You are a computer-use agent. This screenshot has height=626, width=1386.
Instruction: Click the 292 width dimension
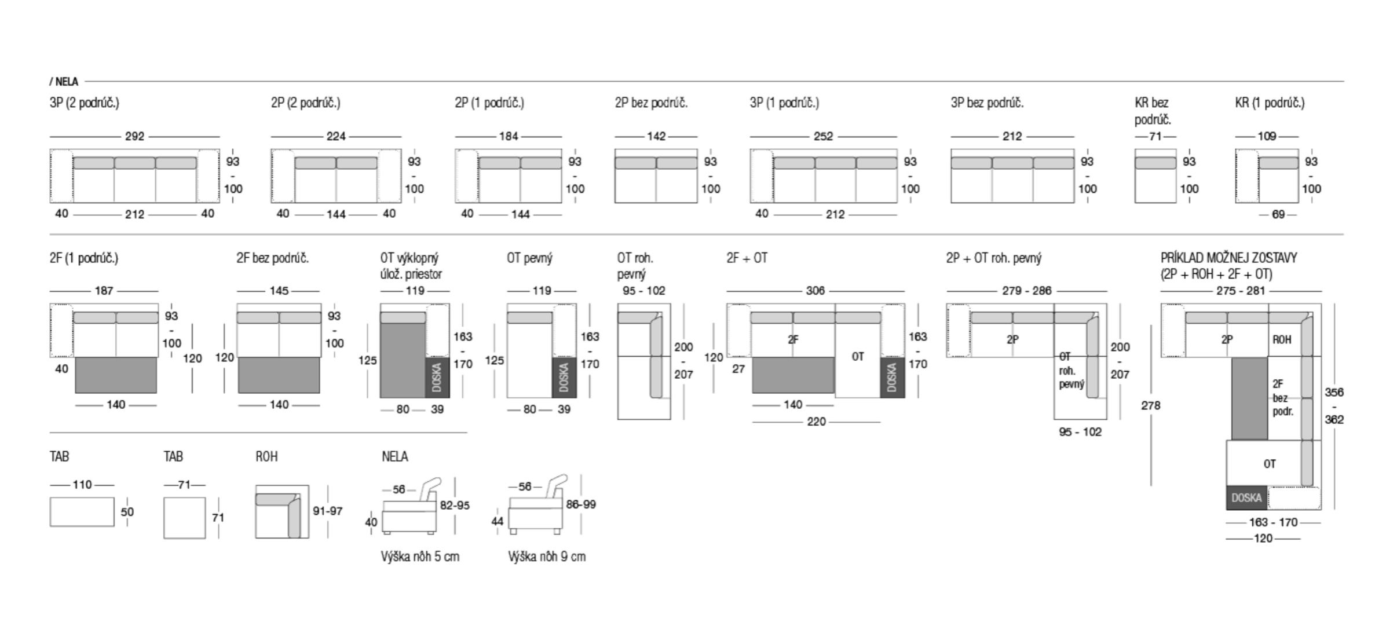[x=134, y=137]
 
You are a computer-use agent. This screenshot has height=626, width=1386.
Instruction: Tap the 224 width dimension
[x=336, y=137]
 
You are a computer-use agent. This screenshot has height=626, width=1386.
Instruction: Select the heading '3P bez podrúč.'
[x=987, y=103]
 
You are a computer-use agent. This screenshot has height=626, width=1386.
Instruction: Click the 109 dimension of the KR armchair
[x=1267, y=137]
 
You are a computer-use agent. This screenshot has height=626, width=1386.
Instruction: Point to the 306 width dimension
[x=815, y=291]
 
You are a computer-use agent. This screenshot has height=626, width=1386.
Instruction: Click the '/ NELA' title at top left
[x=64, y=82]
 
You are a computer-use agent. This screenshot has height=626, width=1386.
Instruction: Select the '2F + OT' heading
[x=747, y=258]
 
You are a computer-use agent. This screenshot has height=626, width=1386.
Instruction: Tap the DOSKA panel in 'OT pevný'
[x=564, y=377]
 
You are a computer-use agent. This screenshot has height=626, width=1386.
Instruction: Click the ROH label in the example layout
[x=1282, y=339]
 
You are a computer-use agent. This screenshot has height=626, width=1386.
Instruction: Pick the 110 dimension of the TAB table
[x=82, y=485]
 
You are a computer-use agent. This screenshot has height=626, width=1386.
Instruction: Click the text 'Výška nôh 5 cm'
[x=420, y=557]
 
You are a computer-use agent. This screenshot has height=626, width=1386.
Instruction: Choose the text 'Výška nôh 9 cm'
[x=547, y=557]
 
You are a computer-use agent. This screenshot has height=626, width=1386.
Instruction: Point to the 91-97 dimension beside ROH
[x=328, y=511]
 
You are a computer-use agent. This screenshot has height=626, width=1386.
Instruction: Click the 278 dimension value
[x=1150, y=405]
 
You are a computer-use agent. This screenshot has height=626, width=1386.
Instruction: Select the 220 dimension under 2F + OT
[x=816, y=422]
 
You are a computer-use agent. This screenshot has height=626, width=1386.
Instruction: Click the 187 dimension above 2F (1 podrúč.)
[x=104, y=291]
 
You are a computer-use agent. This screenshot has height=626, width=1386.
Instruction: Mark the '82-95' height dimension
[x=455, y=505]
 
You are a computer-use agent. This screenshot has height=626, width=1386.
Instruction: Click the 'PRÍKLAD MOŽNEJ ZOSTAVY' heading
[x=1228, y=258]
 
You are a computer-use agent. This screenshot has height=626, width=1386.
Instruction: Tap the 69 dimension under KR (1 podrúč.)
[x=1278, y=214]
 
